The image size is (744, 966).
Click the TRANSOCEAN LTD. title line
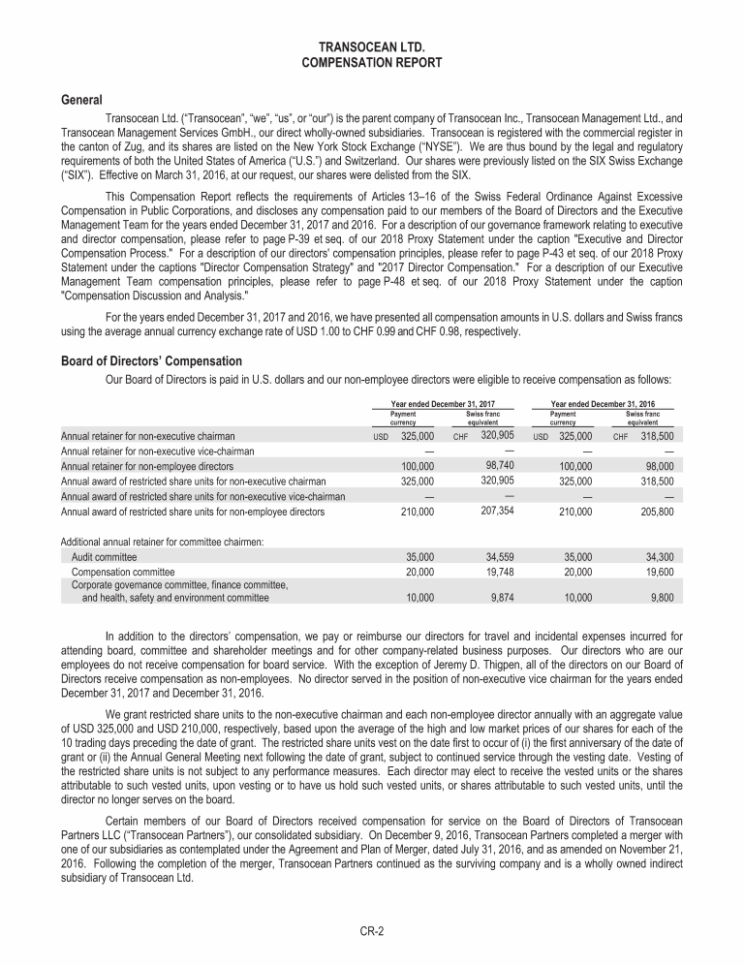tap(372, 47)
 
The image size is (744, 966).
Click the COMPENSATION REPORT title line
tap(372, 62)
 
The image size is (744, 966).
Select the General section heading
tap(82, 100)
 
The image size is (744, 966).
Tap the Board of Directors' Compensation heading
tap(151, 361)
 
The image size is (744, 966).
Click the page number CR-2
tap(372, 931)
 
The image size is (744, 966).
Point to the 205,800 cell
tap(656, 511)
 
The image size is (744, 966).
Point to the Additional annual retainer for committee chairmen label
tap(162, 540)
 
